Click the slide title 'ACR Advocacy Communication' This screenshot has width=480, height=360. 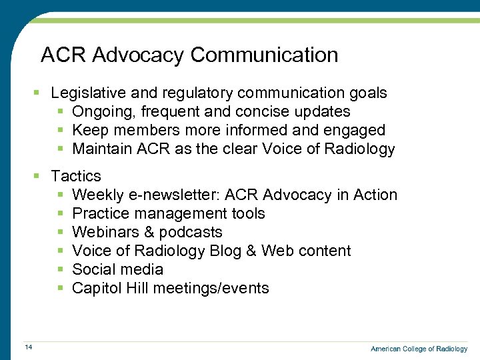pyautogui.click(x=189, y=55)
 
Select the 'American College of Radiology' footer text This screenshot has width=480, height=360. pyautogui.click(x=419, y=349)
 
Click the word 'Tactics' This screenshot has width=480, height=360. pyautogui.click(x=76, y=176)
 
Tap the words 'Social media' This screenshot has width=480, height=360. pyautogui.click(x=117, y=269)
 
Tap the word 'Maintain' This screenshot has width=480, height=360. pyautogui.click(x=102, y=149)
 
